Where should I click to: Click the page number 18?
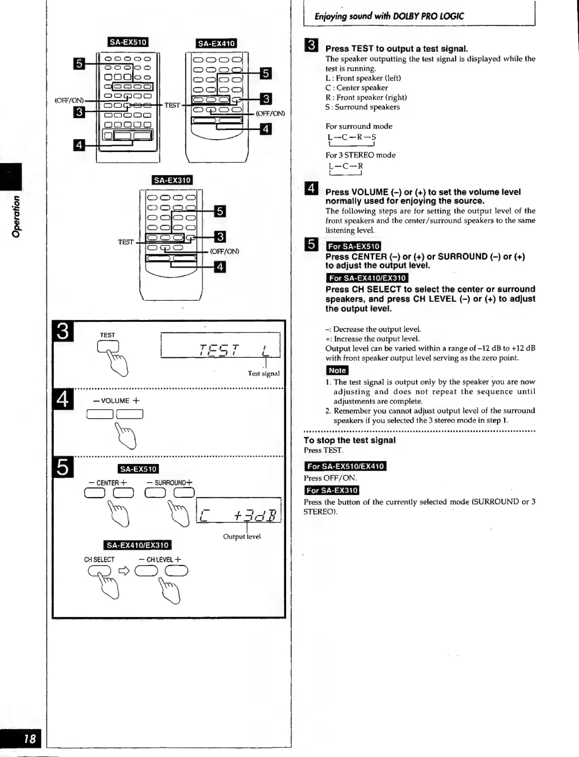pos(29,738)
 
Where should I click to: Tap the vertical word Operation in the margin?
pos(16,216)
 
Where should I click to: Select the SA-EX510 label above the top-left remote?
pos(128,42)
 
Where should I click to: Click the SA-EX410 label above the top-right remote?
pos(217,43)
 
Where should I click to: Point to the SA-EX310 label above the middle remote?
pos(172,180)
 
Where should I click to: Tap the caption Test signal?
pos(264,373)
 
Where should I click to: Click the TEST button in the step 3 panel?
pos(108,346)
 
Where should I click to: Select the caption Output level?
pos(241,536)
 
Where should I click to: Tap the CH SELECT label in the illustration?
pos(99,559)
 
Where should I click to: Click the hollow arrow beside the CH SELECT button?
pos(124,571)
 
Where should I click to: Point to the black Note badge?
pos(337,370)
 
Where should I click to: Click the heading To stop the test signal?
pos(350,440)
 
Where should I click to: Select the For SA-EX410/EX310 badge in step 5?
pos(367,278)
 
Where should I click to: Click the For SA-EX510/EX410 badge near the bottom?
pos(345,466)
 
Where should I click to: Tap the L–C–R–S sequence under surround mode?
pos(352,137)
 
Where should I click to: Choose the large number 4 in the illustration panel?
pos(63,399)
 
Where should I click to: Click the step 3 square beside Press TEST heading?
pos(311,45)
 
